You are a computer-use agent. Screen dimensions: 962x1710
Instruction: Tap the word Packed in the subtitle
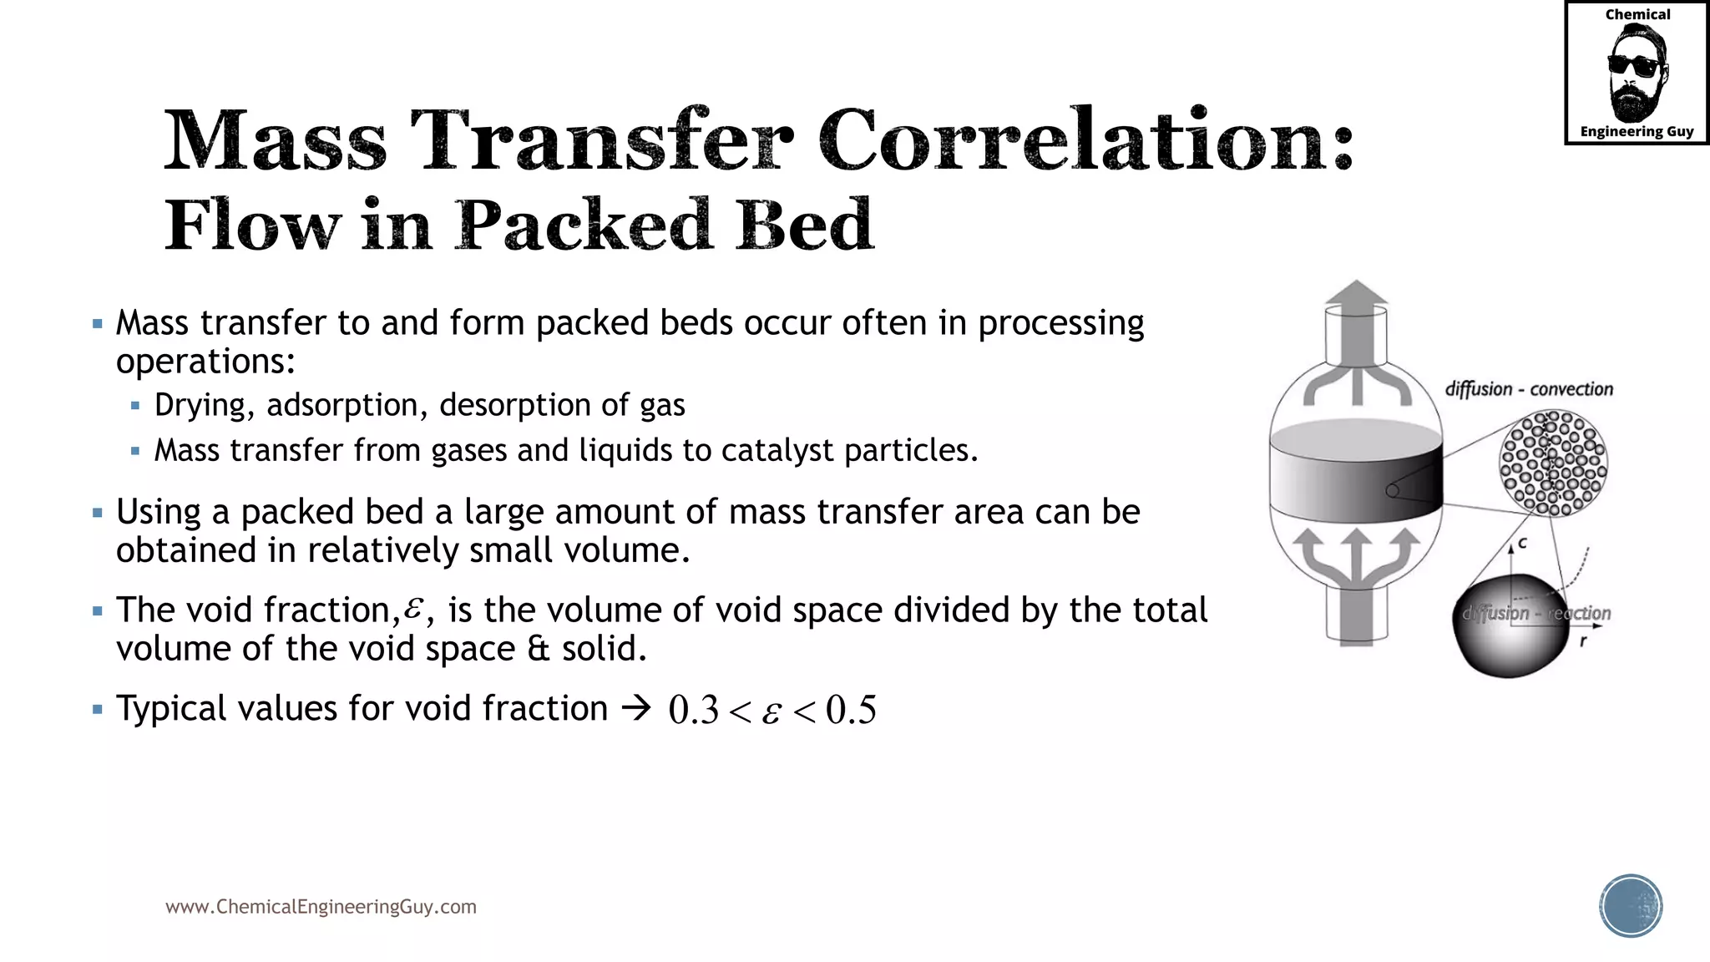pyautogui.click(x=584, y=225)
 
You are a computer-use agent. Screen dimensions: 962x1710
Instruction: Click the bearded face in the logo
pyautogui.click(x=1636, y=73)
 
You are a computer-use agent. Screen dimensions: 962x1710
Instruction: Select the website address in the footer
pyautogui.click(x=321, y=907)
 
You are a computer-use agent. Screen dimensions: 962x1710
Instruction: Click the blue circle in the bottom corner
pyautogui.click(x=1631, y=906)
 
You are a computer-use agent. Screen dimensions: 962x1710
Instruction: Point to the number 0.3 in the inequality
pyautogui.click(x=693, y=710)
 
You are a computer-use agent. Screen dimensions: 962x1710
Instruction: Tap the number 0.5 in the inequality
pyautogui.click(x=851, y=710)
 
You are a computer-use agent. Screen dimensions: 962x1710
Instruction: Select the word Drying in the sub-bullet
pyautogui.click(x=200, y=405)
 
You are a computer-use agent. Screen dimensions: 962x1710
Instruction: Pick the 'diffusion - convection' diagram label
pyautogui.click(x=1529, y=389)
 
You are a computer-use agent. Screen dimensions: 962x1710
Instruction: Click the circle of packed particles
pyautogui.click(x=1553, y=463)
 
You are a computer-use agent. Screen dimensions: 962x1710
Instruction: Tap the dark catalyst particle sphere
pyautogui.click(x=1511, y=626)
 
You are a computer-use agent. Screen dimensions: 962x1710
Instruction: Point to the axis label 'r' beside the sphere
pyautogui.click(x=1582, y=641)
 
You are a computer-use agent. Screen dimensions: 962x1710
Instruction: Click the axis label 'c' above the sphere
pyautogui.click(x=1522, y=543)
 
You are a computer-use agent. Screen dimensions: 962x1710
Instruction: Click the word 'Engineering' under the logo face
pyautogui.click(x=1621, y=131)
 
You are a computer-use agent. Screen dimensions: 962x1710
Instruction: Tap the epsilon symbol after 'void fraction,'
pyautogui.click(x=412, y=609)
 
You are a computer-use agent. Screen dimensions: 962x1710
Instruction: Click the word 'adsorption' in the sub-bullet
pyautogui.click(x=341, y=405)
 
